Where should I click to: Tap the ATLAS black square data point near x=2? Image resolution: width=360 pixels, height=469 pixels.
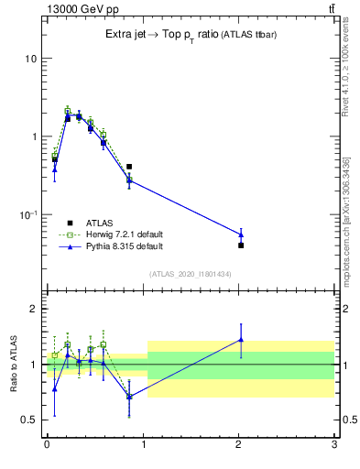pos(241,245)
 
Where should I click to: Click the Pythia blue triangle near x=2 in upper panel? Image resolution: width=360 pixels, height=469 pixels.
pos(241,234)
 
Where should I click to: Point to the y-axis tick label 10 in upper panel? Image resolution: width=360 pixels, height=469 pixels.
pos(30,59)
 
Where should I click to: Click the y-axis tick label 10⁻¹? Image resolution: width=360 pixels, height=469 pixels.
pos(28,214)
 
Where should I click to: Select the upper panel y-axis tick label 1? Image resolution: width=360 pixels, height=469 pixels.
pos(34,136)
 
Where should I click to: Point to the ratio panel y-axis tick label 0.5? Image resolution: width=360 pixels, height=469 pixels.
pos(29,420)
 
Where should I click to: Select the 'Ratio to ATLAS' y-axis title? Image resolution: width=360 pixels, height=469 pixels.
pos(14,363)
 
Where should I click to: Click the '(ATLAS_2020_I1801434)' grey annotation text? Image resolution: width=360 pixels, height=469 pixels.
pos(190,275)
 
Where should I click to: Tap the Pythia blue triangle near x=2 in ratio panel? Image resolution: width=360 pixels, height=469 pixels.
pos(241,340)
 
